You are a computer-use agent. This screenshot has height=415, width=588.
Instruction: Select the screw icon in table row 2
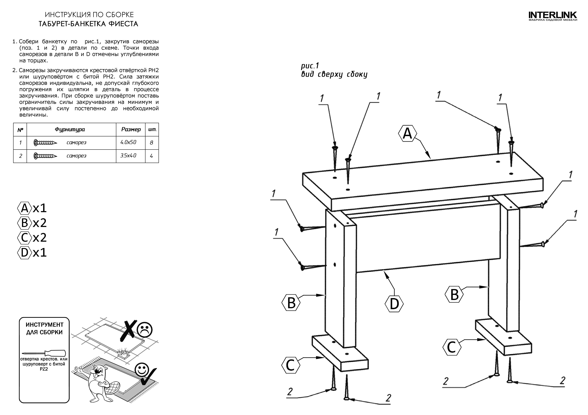pyautogui.click(x=45, y=156)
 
